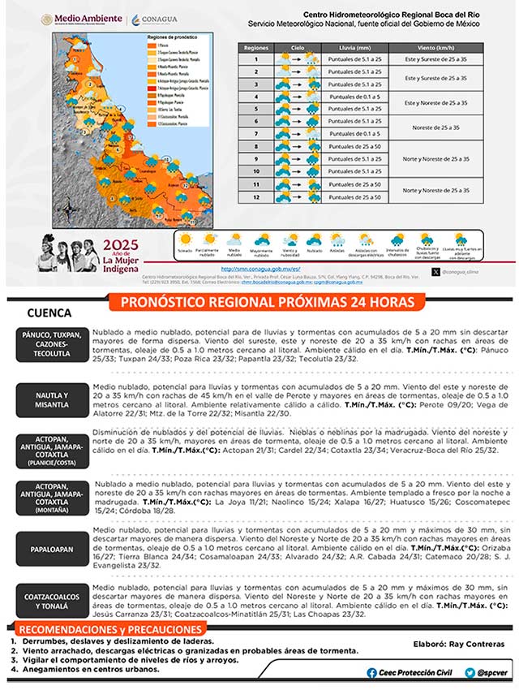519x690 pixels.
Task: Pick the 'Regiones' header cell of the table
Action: click(256, 48)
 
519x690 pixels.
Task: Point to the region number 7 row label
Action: click(256, 133)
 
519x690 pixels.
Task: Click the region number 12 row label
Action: click(256, 196)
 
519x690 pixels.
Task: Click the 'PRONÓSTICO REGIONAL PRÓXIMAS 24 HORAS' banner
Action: click(268, 303)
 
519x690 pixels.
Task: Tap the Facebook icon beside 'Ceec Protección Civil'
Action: click(371, 673)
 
